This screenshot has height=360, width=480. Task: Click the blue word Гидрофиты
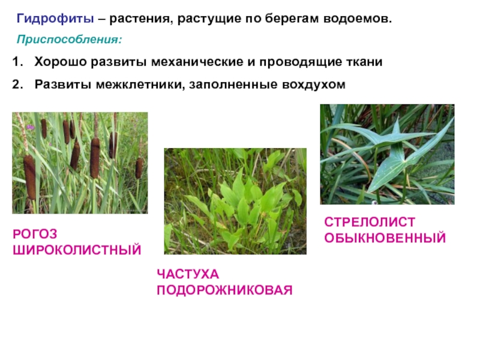click(55, 19)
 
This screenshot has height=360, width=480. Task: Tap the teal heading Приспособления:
click(70, 40)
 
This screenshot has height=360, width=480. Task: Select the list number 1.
click(17, 62)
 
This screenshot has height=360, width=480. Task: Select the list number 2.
click(17, 84)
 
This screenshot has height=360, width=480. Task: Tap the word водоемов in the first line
click(358, 19)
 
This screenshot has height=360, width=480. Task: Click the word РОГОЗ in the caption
click(35, 234)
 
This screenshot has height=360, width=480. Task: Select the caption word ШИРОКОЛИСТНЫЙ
click(77, 250)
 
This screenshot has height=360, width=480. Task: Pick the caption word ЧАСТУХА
click(188, 274)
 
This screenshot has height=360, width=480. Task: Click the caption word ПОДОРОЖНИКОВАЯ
click(224, 290)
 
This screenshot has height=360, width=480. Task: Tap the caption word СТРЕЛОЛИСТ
click(370, 222)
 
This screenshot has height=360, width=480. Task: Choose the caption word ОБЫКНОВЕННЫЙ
click(385, 238)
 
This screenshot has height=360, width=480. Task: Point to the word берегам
click(292, 20)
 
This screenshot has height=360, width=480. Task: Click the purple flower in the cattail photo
click(31, 127)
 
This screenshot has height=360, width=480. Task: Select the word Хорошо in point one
click(61, 62)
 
